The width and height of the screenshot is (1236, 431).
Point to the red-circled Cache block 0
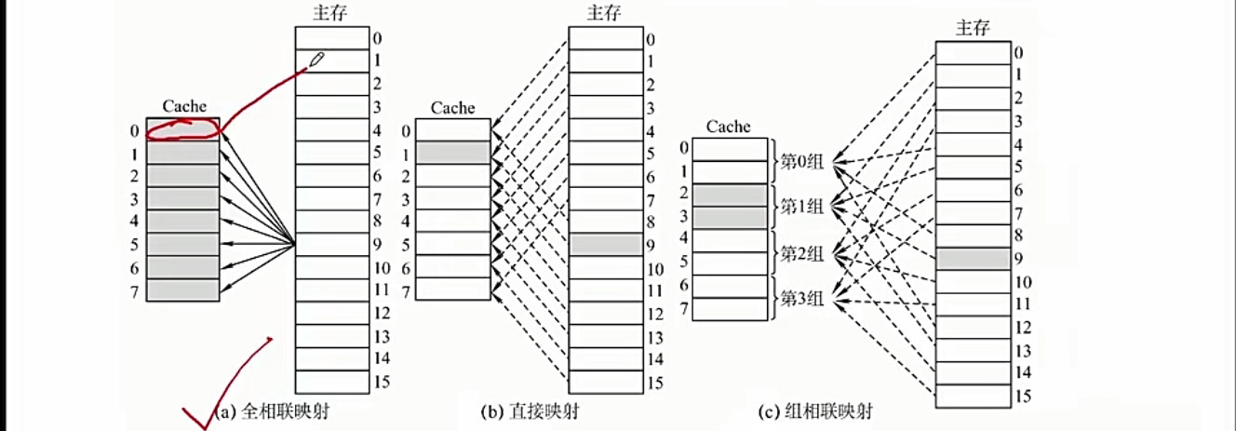182,129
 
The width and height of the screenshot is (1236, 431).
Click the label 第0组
801,161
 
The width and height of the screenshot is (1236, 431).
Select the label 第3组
801,299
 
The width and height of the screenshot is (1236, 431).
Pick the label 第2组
801,252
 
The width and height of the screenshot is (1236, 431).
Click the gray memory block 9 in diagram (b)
605,245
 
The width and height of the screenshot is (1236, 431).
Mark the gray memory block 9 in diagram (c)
973,258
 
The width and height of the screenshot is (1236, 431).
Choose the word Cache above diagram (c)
729,127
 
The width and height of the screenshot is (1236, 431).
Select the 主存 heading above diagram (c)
972,28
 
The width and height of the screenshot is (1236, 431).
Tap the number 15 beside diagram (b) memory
656,383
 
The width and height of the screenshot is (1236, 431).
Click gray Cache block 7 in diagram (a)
182,290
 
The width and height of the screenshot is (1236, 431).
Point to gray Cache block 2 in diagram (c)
730,195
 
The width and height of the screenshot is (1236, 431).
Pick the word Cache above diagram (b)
452,108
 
